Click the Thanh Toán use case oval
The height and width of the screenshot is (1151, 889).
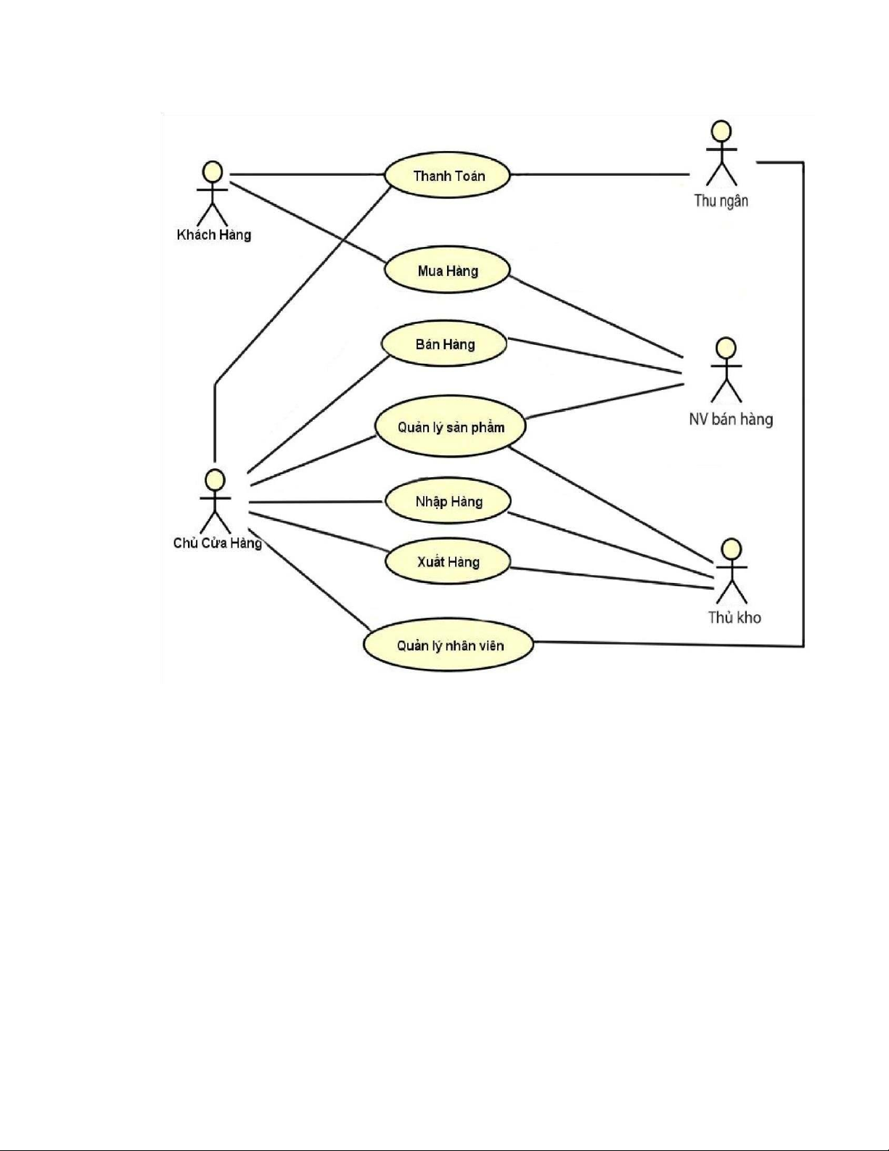point(447,176)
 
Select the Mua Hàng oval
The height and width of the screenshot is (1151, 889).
point(447,271)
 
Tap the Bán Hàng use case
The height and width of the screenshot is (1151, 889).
point(444,344)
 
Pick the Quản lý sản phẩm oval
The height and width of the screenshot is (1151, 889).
point(450,427)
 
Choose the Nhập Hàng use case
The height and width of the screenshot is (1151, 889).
point(448,502)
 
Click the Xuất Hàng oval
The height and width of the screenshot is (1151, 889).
point(448,562)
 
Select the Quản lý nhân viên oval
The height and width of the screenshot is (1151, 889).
point(448,646)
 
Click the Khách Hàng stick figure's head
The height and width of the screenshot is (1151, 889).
point(212,171)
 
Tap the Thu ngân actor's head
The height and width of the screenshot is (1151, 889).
point(721,131)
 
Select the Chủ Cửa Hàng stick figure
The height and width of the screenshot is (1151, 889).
point(214,501)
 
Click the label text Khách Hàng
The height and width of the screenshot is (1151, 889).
point(214,235)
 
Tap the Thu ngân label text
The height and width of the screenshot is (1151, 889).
point(721,200)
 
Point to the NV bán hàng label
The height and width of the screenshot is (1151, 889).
point(730,419)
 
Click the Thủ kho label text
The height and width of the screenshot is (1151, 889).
point(734,618)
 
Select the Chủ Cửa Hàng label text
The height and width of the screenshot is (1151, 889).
point(217,543)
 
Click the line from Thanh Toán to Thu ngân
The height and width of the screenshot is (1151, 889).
point(599,174)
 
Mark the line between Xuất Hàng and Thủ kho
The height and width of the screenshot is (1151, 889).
point(613,578)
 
